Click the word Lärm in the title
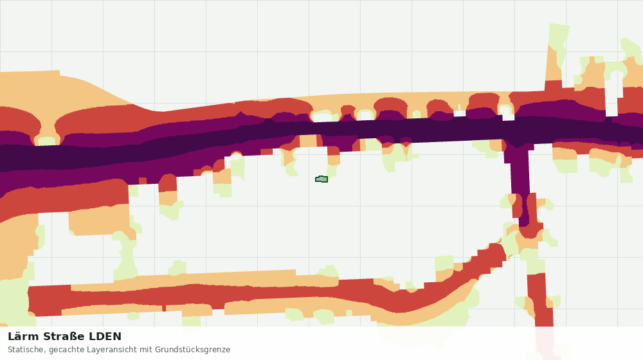[23, 337]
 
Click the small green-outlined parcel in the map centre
[321, 179]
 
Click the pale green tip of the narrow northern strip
[558, 35]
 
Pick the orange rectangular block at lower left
[99, 221]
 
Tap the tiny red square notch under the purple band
[143, 181]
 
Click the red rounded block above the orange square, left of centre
[167, 183]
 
